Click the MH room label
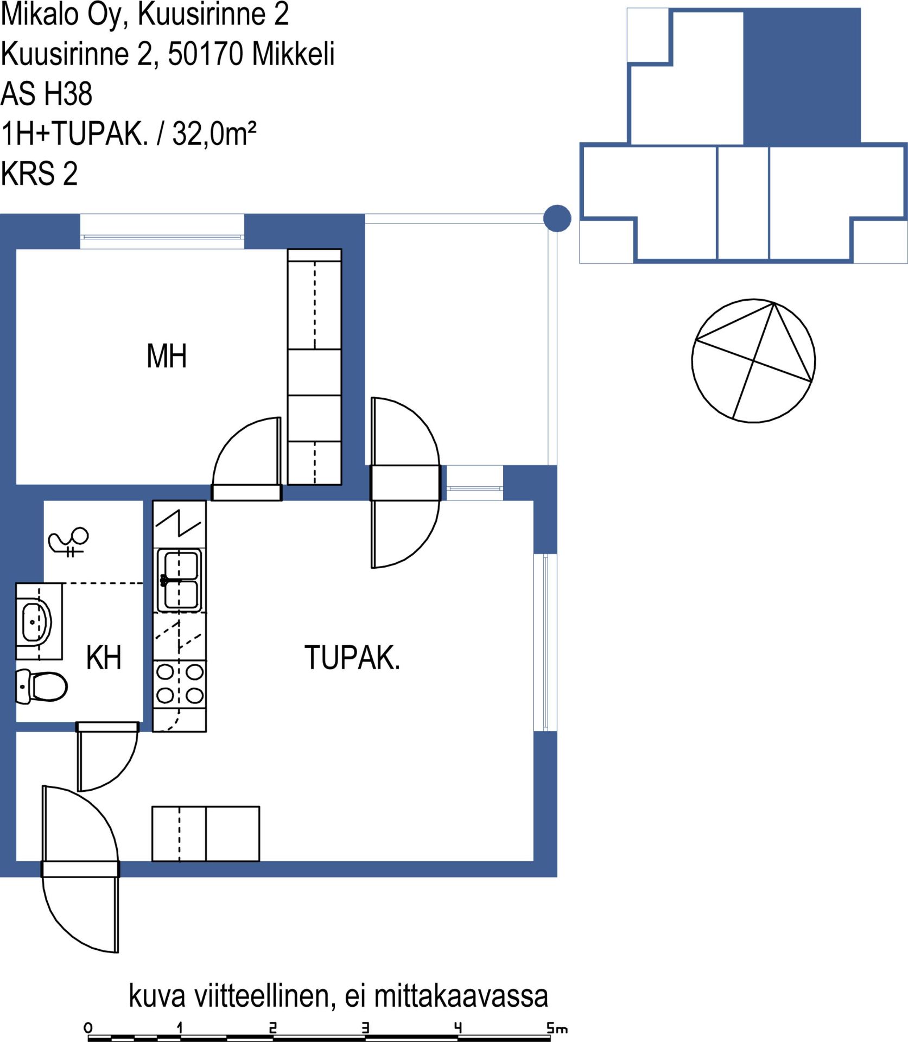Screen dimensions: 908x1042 167,356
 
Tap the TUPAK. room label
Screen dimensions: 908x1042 352,658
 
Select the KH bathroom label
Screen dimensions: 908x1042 104,658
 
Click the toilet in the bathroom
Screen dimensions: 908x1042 42,687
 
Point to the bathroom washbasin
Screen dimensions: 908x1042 36,621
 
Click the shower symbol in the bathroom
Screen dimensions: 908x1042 68,542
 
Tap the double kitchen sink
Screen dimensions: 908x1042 179,580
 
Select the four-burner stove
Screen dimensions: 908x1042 180,684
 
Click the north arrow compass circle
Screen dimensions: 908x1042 753,360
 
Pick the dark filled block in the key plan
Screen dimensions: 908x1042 802,77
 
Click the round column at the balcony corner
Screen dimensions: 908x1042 557,218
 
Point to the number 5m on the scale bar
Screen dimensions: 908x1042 557,1028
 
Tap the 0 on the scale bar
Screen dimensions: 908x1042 88,1027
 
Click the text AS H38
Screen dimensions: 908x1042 47,93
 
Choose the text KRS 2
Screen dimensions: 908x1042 39,174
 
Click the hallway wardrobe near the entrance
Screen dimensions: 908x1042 206,834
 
